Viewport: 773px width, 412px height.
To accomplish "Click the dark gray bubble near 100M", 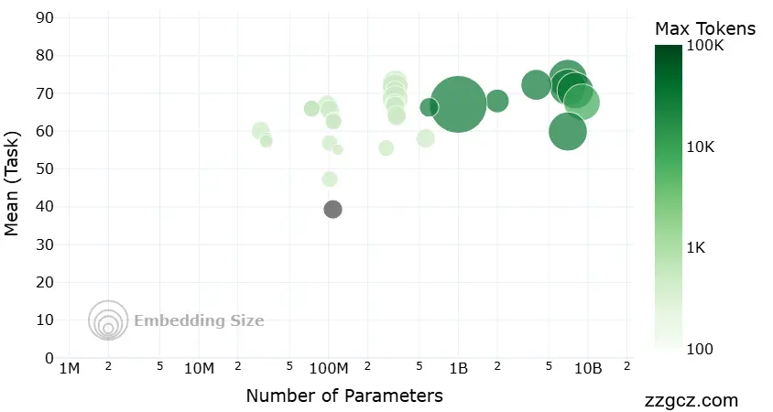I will [x=332, y=210].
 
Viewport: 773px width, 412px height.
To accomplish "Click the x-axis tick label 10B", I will [x=588, y=369].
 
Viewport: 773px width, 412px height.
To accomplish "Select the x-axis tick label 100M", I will [x=329, y=369].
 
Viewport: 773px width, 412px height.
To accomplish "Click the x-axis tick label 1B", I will [x=459, y=369].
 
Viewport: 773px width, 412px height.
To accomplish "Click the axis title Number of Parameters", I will [x=344, y=396].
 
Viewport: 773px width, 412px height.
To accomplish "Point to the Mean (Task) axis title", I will [x=13, y=189].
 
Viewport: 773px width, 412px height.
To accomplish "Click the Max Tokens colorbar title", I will [x=705, y=29].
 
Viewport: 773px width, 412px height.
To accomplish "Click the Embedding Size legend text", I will [x=199, y=320].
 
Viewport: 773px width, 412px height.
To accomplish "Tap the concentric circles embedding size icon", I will [x=108, y=320].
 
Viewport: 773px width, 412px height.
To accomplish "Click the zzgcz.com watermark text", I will [x=691, y=401].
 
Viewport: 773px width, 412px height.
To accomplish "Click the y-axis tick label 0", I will [x=49, y=358].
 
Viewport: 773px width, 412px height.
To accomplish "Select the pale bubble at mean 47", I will [x=330, y=179].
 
